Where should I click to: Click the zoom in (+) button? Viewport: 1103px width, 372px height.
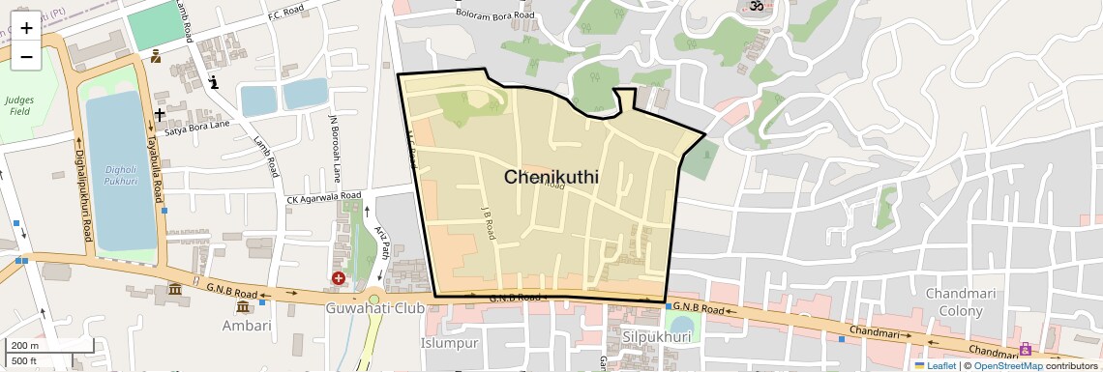(26, 27)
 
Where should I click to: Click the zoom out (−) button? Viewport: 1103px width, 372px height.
(26, 56)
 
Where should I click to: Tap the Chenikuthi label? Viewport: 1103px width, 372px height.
(551, 178)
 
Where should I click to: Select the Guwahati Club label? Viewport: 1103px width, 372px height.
(375, 308)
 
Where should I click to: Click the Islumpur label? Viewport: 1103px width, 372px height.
(450, 343)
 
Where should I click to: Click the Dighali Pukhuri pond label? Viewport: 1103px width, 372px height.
(120, 173)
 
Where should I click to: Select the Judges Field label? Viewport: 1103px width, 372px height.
(18, 105)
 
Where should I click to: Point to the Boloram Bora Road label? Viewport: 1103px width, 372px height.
(496, 15)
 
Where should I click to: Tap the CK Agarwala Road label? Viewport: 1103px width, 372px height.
(323, 198)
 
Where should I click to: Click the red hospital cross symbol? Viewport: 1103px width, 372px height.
(339, 278)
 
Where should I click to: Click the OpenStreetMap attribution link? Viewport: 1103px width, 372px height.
(1008, 365)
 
